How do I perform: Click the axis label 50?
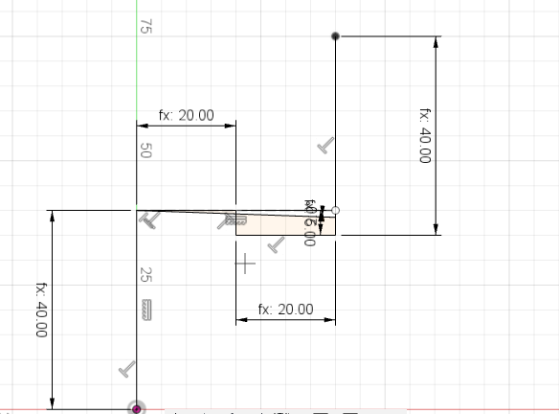point(146,150)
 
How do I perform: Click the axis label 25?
point(146,274)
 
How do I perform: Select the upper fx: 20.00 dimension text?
point(187,116)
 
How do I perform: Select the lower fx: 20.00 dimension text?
point(286,310)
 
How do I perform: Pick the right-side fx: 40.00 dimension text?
point(425,134)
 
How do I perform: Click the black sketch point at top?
point(335,36)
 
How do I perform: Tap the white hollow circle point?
point(334,210)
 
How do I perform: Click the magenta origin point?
point(137,409)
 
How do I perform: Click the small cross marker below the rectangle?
point(246,263)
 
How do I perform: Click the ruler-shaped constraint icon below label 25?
point(146,310)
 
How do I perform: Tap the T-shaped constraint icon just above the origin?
point(126,369)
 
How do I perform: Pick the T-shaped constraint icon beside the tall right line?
point(326,146)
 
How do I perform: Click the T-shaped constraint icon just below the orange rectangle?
point(277,245)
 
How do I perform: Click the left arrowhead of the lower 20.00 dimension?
point(240,319)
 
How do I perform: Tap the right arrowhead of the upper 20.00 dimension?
point(232,125)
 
